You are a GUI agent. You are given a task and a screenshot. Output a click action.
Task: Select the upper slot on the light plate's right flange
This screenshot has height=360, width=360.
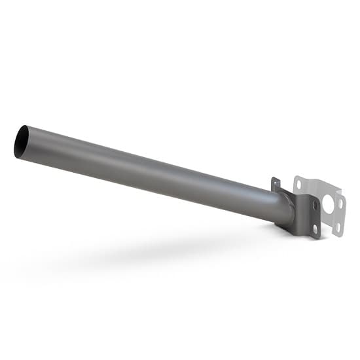(x=340, y=204)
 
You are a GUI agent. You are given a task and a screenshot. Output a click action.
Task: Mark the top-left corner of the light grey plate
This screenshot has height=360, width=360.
(x=295, y=177)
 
